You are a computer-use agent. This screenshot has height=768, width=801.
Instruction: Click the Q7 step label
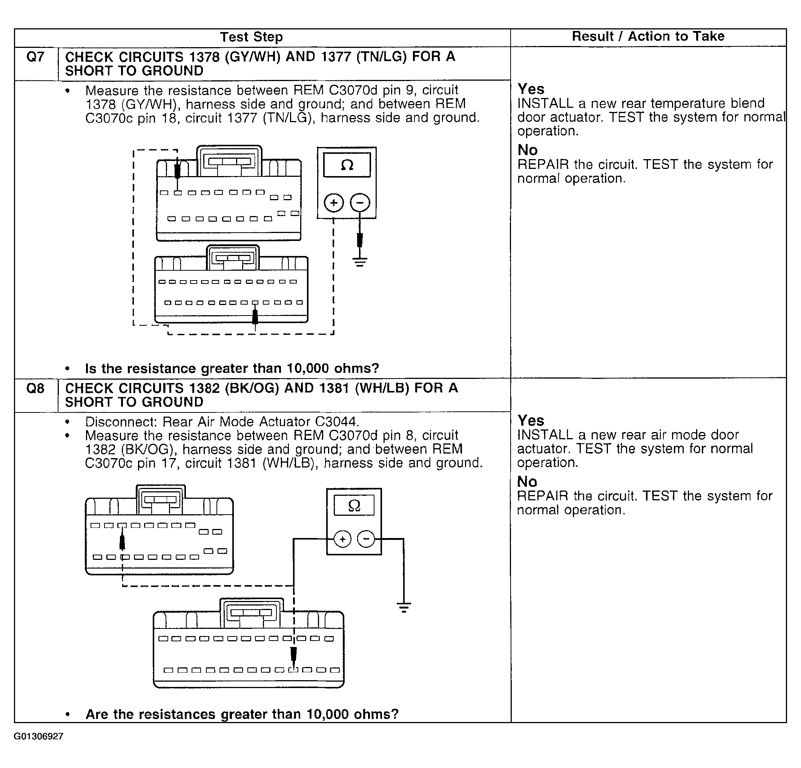click(35, 57)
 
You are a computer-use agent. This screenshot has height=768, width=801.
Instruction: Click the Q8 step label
click(35, 388)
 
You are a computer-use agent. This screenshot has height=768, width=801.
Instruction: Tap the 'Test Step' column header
click(251, 37)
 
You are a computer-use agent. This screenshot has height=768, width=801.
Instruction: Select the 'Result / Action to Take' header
click(648, 36)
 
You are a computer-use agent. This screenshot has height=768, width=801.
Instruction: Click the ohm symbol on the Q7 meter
click(347, 165)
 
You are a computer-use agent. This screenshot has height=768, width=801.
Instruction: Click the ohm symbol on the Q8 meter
click(354, 506)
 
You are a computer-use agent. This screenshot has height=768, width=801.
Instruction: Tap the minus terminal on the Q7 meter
click(360, 202)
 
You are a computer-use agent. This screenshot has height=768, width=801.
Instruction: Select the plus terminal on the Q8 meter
click(342, 540)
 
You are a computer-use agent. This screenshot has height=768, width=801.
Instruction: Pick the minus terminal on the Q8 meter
click(366, 539)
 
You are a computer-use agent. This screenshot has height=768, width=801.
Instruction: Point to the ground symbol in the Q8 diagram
click(404, 607)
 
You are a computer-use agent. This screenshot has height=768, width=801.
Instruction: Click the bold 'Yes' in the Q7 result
click(531, 89)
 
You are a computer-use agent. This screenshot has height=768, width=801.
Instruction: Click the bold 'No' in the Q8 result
click(527, 481)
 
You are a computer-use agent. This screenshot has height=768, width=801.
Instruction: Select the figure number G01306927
click(39, 736)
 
